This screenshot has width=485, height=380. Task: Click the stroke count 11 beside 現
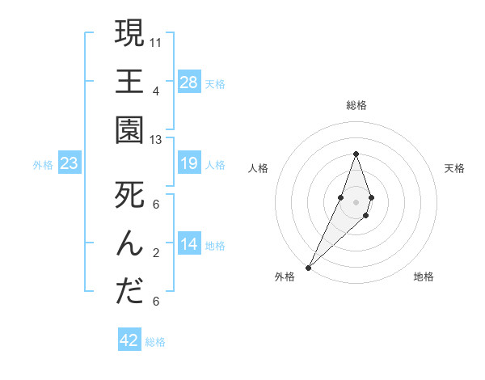[156, 41]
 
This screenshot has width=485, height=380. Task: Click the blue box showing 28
[189, 82]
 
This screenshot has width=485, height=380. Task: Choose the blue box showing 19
[189, 164]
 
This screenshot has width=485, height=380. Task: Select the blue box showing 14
[189, 244]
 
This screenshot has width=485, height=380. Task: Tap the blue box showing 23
[69, 164]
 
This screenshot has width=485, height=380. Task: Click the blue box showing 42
[129, 340]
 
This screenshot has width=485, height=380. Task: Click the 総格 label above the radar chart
[356, 105]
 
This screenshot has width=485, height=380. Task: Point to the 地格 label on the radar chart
[424, 277]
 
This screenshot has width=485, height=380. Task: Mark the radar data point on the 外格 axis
[308, 267]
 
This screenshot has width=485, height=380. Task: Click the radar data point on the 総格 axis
[356, 154]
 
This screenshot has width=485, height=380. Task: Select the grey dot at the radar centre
[356, 201]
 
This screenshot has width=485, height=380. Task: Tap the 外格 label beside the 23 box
[43, 165]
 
